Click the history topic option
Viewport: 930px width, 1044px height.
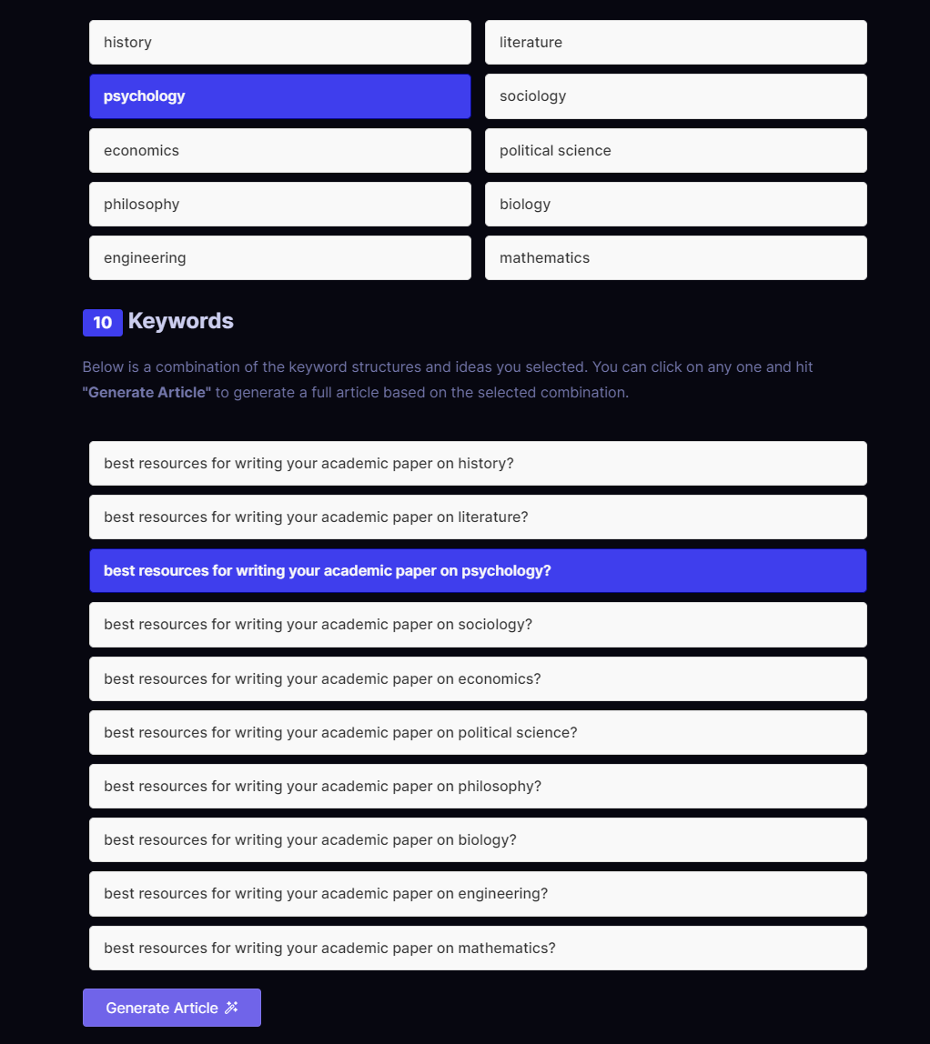[x=279, y=43]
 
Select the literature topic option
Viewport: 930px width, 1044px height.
[x=675, y=43]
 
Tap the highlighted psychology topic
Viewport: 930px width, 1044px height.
[x=279, y=96]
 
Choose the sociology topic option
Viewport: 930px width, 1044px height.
[x=675, y=96]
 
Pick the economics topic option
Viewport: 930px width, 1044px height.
[x=279, y=150]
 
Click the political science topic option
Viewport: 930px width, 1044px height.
[x=675, y=150]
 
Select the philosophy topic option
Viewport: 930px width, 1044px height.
[x=279, y=204]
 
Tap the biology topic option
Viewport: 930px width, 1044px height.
[x=675, y=204]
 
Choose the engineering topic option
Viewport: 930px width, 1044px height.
[x=279, y=257]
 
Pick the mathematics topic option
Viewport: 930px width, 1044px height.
[x=675, y=257]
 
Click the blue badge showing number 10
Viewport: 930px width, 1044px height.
[x=102, y=322]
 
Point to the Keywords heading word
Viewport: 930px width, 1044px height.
[x=181, y=321]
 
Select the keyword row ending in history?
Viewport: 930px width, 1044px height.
[x=478, y=463]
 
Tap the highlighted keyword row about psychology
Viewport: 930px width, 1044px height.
[x=478, y=570]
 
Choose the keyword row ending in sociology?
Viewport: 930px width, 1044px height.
[x=478, y=624]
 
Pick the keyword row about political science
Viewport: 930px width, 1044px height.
[x=478, y=732]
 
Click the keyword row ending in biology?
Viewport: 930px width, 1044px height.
[x=478, y=839]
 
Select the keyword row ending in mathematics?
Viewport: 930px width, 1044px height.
[x=478, y=948]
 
